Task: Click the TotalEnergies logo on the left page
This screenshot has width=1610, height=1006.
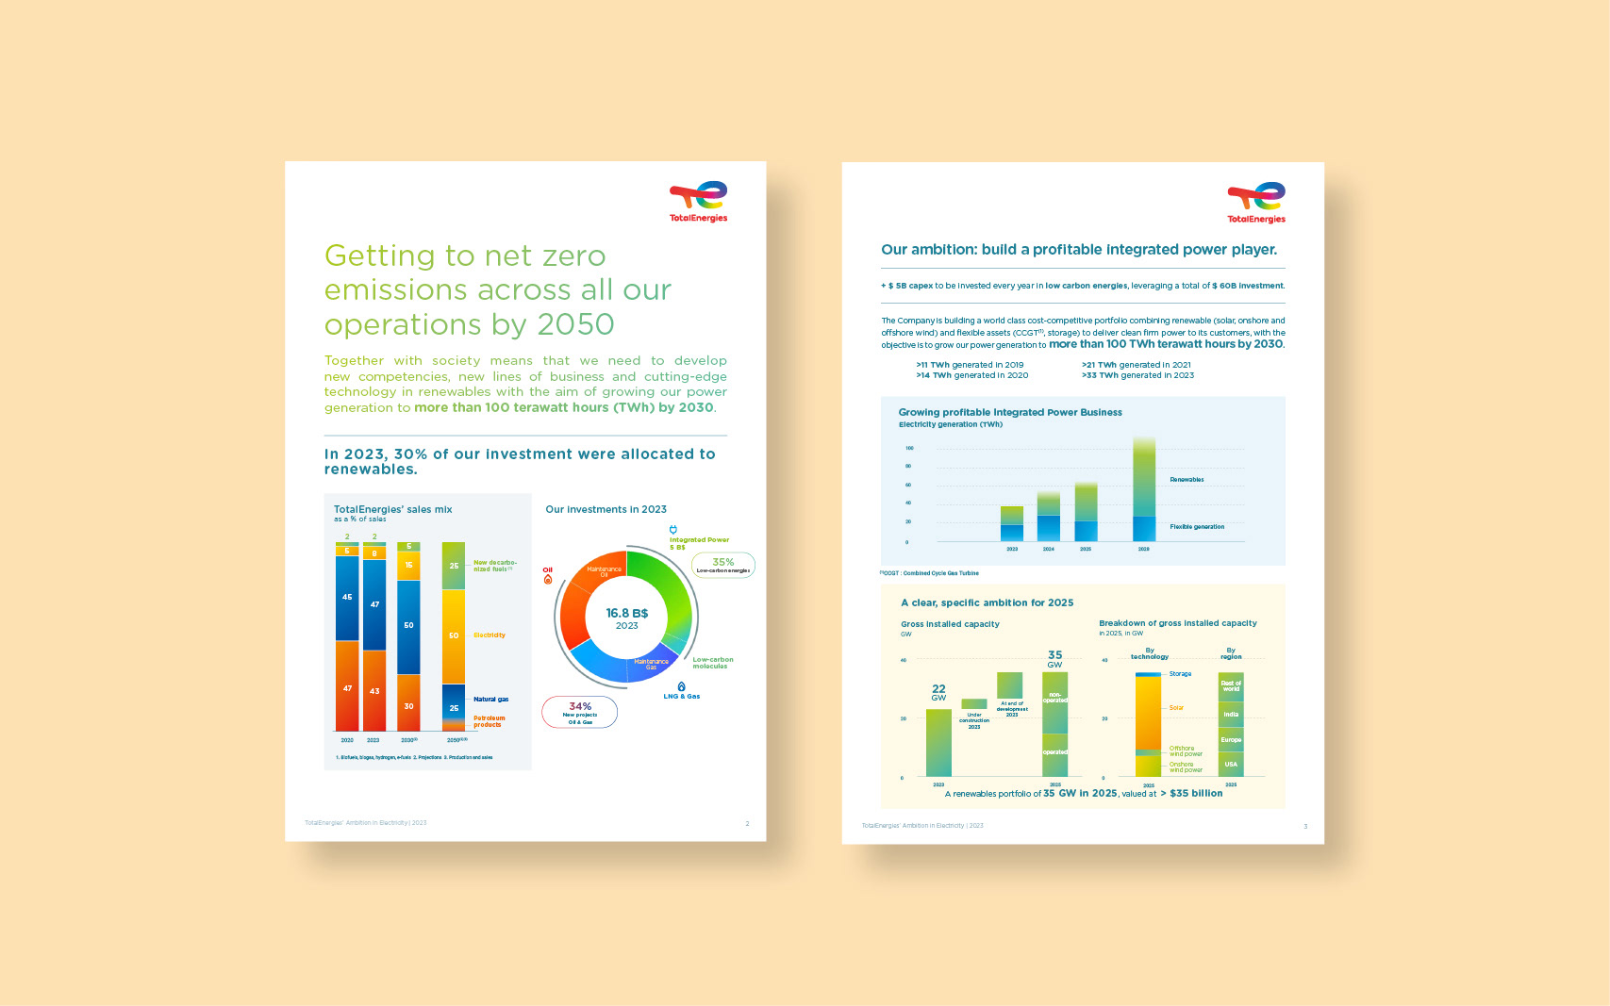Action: (x=698, y=202)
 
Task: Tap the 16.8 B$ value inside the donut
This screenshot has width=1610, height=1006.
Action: (x=626, y=613)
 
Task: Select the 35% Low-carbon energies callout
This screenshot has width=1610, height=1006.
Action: (x=723, y=565)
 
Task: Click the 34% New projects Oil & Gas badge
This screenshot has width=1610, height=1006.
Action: (x=579, y=712)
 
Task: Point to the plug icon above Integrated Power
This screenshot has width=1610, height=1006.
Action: (x=672, y=530)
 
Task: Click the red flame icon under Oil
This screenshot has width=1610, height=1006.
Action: (x=548, y=580)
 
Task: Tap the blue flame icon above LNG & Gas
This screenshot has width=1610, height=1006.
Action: (x=681, y=686)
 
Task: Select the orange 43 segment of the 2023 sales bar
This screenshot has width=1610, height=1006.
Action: (x=374, y=690)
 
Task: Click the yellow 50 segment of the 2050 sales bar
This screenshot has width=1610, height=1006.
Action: (x=454, y=635)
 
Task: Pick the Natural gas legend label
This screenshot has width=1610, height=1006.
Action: (x=490, y=700)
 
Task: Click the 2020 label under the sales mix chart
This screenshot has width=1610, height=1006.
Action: (x=347, y=740)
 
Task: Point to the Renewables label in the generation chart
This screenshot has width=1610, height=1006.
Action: (x=1187, y=480)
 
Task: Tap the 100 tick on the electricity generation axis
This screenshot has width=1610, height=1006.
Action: (x=909, y=449)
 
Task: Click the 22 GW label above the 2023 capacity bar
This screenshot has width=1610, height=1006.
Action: (x=938, y=692)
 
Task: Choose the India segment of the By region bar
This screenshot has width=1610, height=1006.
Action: (x=1231, y=715)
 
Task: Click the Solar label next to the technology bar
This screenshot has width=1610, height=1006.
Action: (x=1176, y=708)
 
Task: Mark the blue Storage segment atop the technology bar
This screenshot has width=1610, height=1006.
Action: (x=1148, y=674)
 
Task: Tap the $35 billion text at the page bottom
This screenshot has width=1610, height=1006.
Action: (x=1196, y=794)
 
